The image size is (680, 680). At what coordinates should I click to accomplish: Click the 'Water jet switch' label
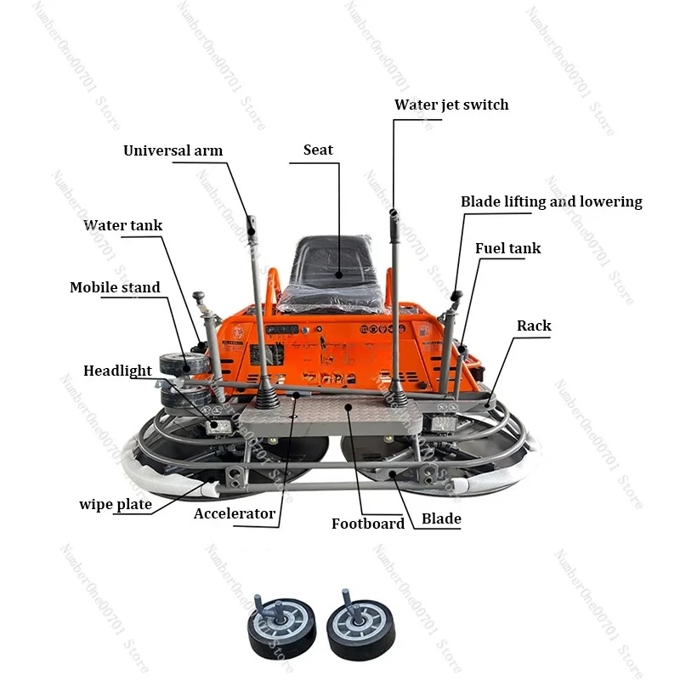tap(451, 105)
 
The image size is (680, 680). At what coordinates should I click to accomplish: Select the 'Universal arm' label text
tap(173, 150)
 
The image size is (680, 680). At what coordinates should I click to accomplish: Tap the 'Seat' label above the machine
tap(318, 150)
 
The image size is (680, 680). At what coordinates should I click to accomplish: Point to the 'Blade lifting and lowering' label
tap(551, 201)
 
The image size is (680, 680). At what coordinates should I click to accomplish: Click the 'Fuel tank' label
tap(507, 248)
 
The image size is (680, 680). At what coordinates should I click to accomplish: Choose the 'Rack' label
tap(534, 326)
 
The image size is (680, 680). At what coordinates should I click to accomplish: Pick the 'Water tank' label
tap(122, 225)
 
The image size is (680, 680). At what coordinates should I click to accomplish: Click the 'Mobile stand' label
tap(115, 287)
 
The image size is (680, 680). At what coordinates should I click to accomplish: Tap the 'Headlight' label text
tap(117, 371)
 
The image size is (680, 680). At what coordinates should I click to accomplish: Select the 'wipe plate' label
tap(116, 504)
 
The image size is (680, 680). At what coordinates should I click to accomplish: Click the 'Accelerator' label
tap(235, 513)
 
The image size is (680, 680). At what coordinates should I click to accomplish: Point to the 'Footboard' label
tap(368, 524)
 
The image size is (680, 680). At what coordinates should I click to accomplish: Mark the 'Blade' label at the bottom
tap(441, 518)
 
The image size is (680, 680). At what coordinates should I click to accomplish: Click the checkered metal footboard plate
tap(331, 416)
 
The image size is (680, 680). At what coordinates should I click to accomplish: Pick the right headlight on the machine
tap(444, 422)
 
